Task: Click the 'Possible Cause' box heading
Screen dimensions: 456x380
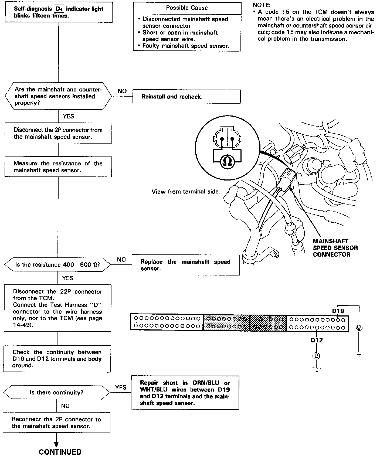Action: (x=187, y=8)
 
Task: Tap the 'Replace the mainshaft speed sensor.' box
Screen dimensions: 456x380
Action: (x=186, y=265)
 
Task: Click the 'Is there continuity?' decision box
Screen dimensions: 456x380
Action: (x=57, y=392)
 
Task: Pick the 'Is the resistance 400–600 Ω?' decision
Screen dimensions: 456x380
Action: (x=57, y=265)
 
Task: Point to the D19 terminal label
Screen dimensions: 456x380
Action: (x=338, y=311)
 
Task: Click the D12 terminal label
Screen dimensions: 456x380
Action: (x=317, y=340)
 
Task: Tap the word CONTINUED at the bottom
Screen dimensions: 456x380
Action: (x=60, y=452)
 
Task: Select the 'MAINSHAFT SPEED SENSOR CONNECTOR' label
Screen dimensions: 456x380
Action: (x=335, y=248)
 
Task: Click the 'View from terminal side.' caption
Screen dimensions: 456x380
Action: (x=186, y=192)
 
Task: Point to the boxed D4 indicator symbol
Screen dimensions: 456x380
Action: (x=59, y=9)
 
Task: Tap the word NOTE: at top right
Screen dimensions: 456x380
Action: (x=262, y=5)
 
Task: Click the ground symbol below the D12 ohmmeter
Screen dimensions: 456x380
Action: (x=316, y=369)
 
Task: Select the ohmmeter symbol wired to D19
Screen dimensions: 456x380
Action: (x=359, y=328)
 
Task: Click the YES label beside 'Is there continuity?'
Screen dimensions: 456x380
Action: (x=121, y=387)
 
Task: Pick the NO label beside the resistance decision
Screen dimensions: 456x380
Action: (x=121, y=260)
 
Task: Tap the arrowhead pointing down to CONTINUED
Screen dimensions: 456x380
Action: (x=56, y=444)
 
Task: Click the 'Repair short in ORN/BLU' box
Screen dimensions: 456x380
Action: (x=185, y=393)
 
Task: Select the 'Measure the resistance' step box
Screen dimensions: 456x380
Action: (x=58, y=167)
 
